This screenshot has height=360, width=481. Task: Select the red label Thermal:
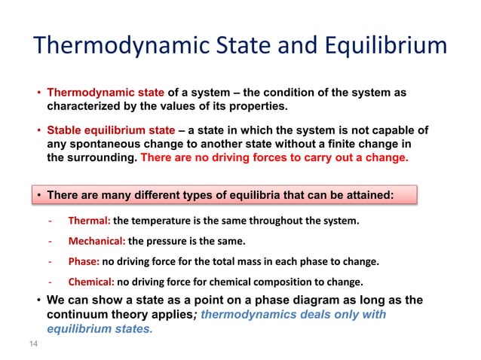coord(90,221)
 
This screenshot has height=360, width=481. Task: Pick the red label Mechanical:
coord(97,242)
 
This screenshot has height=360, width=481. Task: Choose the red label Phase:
coord(84,262)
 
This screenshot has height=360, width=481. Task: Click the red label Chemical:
coord(91,282)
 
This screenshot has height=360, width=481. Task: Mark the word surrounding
coord(100,158)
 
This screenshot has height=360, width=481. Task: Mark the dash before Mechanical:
coord(49,242)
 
